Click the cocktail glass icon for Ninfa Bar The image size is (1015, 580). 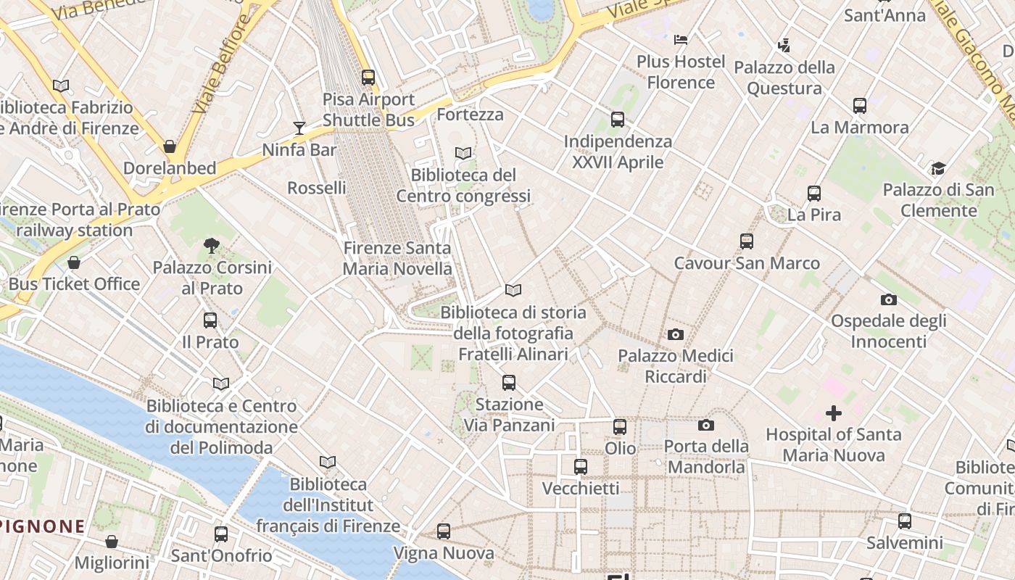299,128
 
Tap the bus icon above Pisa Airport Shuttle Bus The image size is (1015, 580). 368,77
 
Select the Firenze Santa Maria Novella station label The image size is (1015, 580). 397,258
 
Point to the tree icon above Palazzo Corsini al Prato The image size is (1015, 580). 212,246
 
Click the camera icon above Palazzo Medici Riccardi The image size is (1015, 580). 676,334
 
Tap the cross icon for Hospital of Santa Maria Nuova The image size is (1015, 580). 834,413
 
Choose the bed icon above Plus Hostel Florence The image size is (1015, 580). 681,40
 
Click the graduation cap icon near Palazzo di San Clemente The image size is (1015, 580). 938,169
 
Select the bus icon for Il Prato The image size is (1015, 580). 210,320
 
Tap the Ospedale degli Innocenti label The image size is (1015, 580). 888,331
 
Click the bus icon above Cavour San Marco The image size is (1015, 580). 747,241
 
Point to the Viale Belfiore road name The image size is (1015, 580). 222,64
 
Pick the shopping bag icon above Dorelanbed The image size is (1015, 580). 170,146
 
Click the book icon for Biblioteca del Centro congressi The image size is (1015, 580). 463,153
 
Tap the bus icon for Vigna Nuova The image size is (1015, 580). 444,531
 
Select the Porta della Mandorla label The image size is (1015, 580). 706,456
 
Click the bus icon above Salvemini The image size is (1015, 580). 905,521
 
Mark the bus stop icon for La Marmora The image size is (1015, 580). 860,106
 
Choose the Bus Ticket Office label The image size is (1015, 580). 74,283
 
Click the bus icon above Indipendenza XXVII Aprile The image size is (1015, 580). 618,120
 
